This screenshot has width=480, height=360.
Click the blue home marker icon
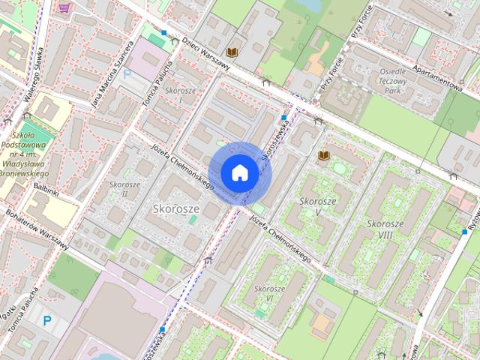click(239, 172)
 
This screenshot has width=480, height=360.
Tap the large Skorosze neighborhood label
click(176, 208)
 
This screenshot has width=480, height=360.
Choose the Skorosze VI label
click(269, 293)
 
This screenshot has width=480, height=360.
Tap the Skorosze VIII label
click(385, 229)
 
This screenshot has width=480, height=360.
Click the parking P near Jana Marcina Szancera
click(127, 73)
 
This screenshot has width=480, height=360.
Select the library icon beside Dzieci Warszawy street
click(233, 51)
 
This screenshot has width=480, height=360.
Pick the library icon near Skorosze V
click(323, 155)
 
